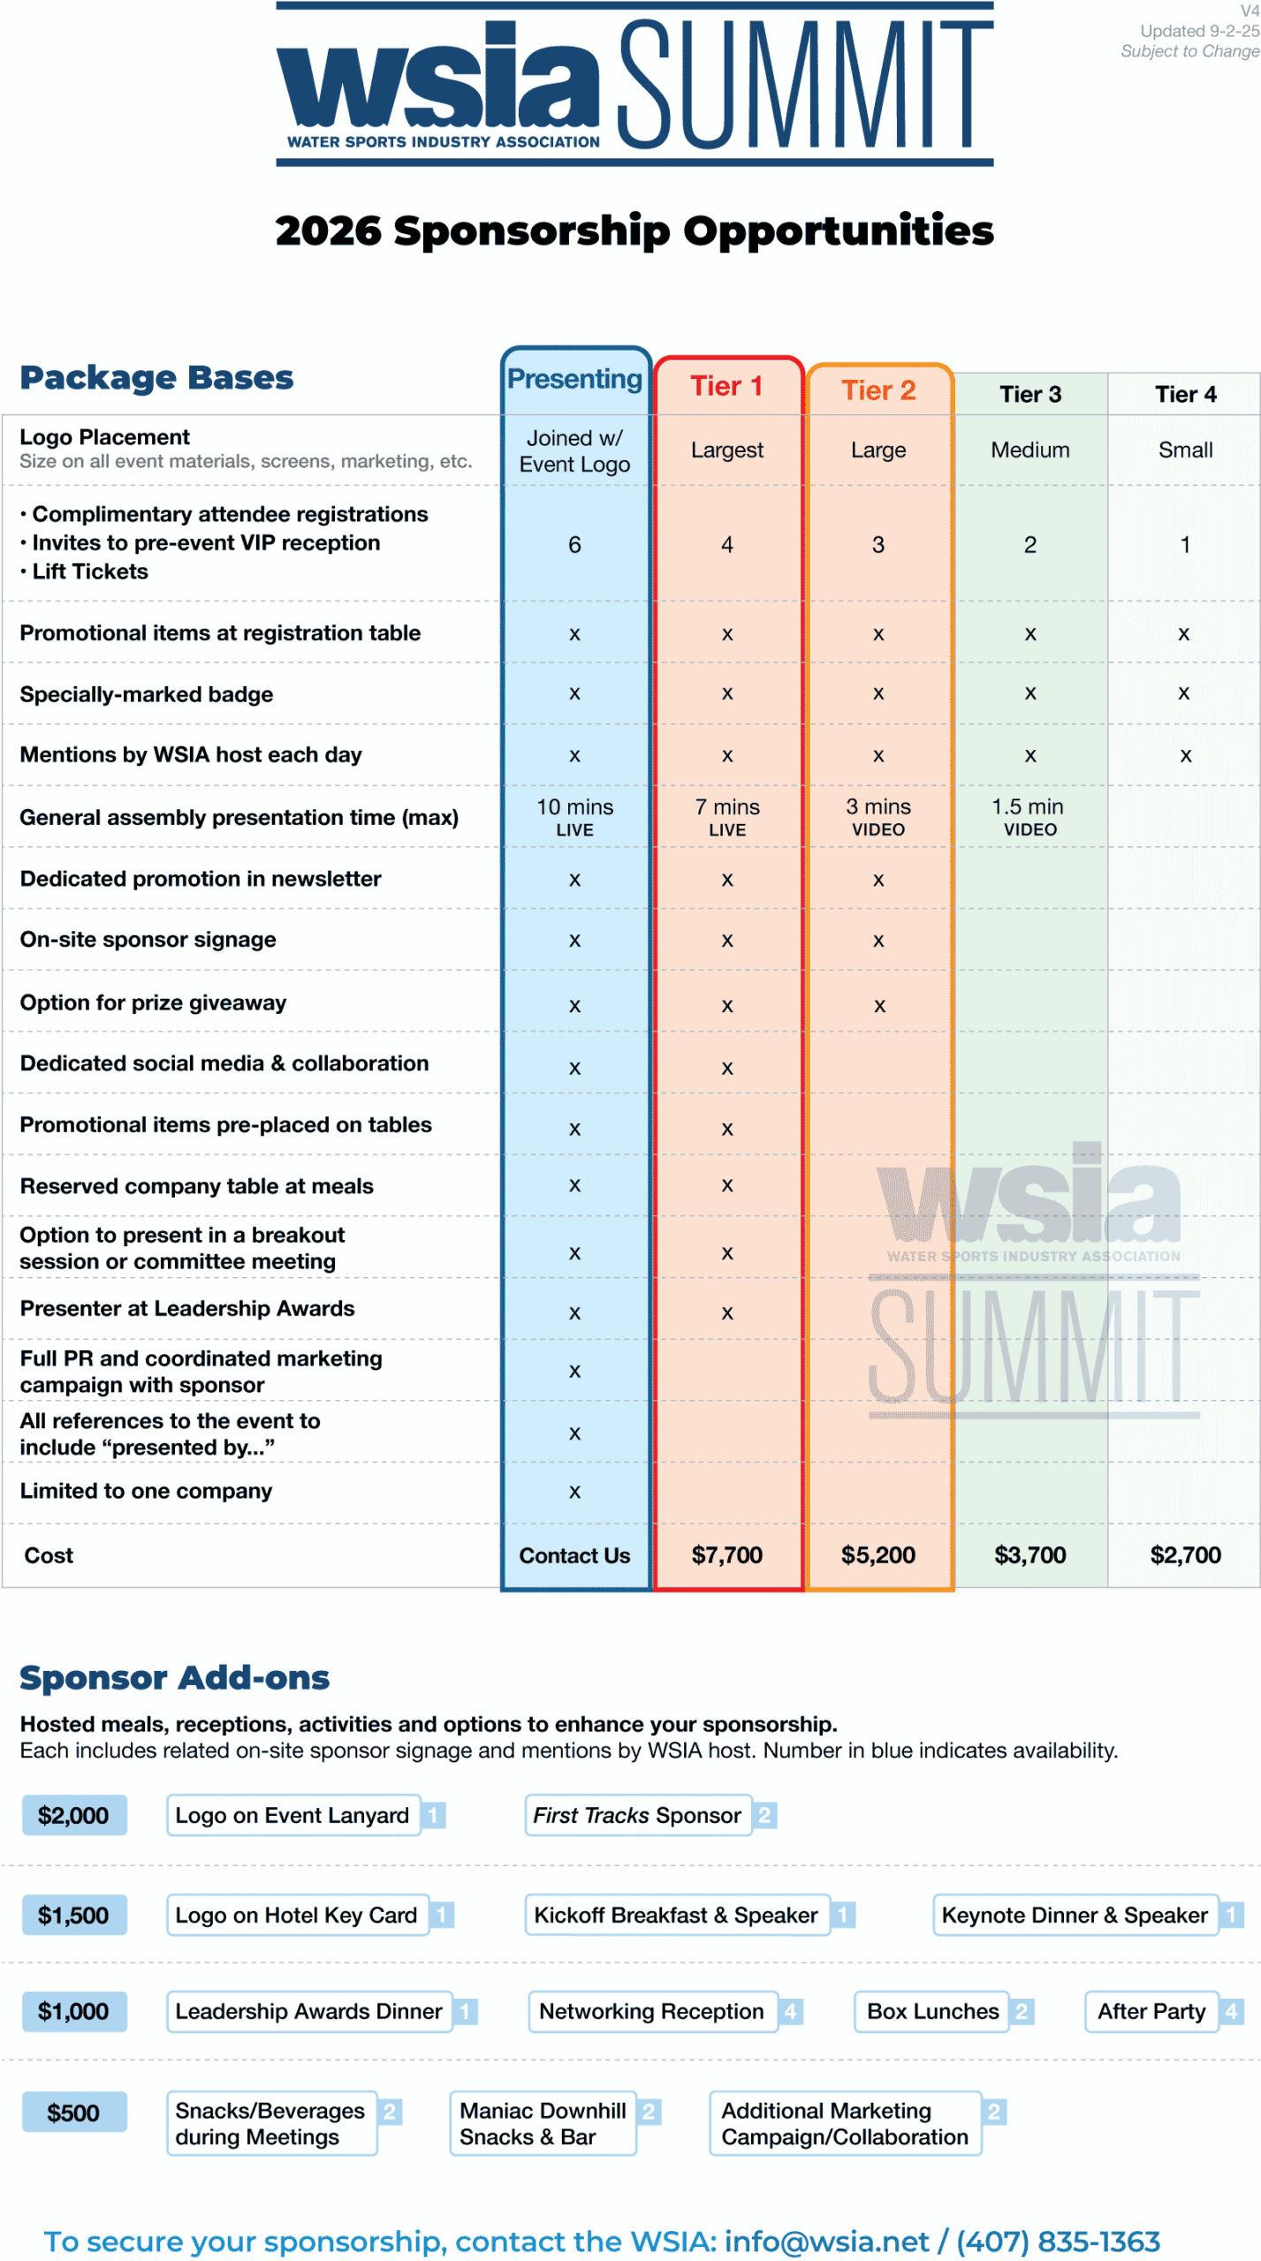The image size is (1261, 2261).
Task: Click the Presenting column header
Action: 574,379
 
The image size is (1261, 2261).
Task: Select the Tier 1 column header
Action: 726,386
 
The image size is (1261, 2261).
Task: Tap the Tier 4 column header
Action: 1185,394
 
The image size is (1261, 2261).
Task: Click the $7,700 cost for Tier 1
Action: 726,1554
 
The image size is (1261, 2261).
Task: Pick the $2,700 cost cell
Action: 1185,1554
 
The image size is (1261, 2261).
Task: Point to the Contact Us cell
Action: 574,1555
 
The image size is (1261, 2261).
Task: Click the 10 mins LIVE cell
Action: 574,817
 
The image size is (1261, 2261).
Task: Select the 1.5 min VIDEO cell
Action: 1029,817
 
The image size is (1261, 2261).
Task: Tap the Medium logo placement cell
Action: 1029,450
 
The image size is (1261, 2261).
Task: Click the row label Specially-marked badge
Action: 147,694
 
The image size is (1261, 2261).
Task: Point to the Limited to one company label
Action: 146,1491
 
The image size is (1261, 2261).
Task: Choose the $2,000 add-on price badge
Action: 73,1815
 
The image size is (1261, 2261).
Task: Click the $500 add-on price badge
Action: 73,2113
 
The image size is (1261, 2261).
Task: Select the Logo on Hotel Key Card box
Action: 297,1915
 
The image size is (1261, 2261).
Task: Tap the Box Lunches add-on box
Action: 932,2011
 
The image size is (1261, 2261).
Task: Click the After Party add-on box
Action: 1151,2011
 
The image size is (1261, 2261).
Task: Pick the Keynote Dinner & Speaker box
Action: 1075,1915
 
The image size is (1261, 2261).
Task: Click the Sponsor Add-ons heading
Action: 175,1677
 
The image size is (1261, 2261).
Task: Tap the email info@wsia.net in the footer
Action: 826,2241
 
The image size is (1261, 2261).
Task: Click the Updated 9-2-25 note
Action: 1199,31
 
